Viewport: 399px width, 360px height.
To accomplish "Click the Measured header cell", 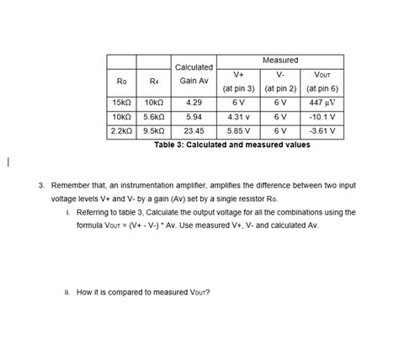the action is [279, 61].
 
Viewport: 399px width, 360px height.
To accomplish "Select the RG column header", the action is [121, 81].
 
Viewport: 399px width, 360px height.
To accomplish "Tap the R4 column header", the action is [153, 81].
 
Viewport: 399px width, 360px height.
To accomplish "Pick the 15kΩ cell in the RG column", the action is [121, 103].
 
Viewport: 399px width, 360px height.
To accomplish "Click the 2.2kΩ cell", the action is [121, 131].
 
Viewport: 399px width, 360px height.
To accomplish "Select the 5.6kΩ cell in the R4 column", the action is [153, 117].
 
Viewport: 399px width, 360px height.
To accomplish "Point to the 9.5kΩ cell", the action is [153, 131].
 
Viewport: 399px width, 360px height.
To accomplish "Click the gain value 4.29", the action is [194, 103].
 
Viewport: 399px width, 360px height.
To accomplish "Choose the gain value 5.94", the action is [194, 117].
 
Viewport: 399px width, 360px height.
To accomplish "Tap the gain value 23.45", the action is [194, 131].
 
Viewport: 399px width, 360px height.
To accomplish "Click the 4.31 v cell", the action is [239, 117].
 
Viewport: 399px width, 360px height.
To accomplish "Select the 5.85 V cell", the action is [239, 131].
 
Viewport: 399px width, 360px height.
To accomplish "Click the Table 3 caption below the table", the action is [231, 145].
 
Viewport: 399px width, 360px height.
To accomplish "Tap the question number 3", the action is [40, 184].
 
